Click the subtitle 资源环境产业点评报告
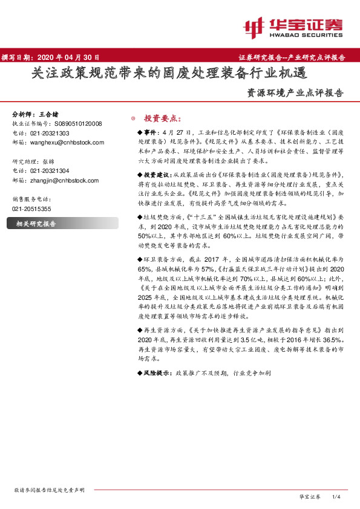point(295,94)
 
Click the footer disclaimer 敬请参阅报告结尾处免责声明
point(49,490)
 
